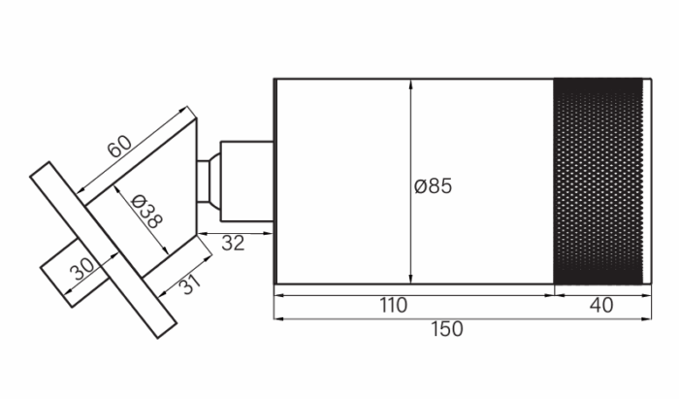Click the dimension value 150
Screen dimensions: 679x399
(x=446, y=329)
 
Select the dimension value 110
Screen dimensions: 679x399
(x=393, y=306)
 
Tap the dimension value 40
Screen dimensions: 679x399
(x=601, y=306)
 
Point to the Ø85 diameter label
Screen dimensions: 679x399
(x=433, y=186)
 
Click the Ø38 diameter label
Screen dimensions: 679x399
(x=146, y=212)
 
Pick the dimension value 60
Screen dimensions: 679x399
(x=119, y=147)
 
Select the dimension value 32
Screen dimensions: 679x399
(x=233, y=244)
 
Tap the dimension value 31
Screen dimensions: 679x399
(x=190, y=283)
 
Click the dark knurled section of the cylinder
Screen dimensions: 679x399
(x=598, y=182)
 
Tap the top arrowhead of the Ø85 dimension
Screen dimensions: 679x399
(x=410, y=84)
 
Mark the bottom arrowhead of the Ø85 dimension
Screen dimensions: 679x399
(x=410, y=279)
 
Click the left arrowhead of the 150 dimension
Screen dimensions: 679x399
(x=279, y=319)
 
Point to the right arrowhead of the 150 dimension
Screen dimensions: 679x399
(x=646, y=319)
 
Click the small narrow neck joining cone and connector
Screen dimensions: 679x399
(x=204, y=182)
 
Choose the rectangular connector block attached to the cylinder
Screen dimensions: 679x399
(x=246, y=182)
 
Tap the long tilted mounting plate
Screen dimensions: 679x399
(x=104, y=249)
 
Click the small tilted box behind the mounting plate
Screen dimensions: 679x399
(x=74, y=273)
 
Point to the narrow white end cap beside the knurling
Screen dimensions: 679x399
(x=647, y=182)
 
